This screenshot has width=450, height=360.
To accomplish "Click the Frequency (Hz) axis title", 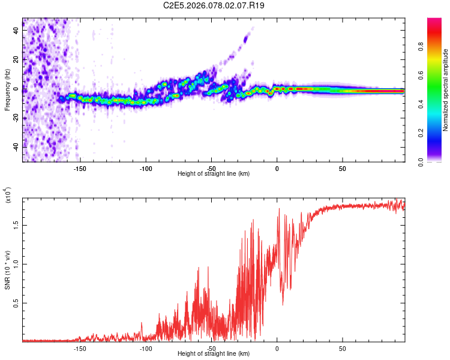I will coord(7,90).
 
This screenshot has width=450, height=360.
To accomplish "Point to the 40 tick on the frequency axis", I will coord(17,31).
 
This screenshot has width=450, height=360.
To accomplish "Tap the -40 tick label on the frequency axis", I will coord(17,146).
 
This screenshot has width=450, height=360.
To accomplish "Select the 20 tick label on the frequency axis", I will coord(17,60).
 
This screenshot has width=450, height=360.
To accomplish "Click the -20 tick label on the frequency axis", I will coord(17,118).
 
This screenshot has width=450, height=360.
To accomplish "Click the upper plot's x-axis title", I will coord(214,173).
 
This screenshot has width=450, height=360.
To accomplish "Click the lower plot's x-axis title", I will coord(214,353).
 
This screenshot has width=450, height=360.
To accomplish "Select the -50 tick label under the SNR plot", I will coord(211,347).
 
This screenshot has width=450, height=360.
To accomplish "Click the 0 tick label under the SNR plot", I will coord(277,347).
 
